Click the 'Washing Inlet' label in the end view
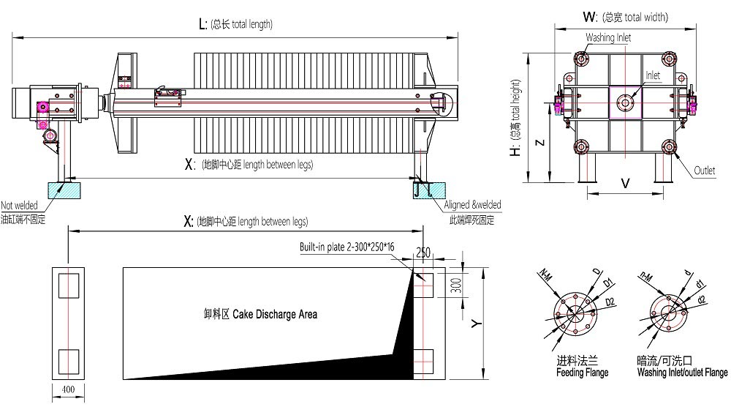[x=607, y=37]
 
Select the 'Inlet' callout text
[x=652, y=75]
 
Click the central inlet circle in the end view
[x=625, y=104]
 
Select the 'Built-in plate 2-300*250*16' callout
[x=347, y=247]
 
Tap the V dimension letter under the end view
[x=625, y=184]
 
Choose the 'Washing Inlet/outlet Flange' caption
[x=681, y=373]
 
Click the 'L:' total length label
[x=204, y=24]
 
